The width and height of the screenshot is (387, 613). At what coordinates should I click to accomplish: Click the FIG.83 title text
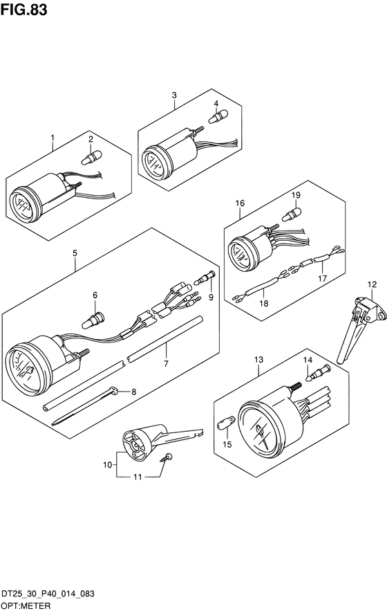pos(23,10)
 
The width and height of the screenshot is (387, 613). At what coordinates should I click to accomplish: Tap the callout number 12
pos(372,284)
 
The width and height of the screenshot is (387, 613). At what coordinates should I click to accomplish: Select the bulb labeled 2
pos(91,157)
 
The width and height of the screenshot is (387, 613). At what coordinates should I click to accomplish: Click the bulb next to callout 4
pos(218,116)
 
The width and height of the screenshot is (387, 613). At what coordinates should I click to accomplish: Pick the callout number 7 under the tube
pos(166,364)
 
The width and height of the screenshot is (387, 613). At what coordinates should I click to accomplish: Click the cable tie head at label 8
pos(113,390)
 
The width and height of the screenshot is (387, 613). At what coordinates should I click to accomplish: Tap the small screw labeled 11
pos(167,457)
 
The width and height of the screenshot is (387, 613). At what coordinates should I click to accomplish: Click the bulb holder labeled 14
pos(320,372)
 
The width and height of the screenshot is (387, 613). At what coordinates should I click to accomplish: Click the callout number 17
pos(322,278)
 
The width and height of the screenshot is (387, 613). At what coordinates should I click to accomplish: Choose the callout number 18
pos(264,303)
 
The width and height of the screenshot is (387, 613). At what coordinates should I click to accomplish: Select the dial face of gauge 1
pos(23,205)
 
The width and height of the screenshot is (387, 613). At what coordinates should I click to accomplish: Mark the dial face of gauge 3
pos(155,163)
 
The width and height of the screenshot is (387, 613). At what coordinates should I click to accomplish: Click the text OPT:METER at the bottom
pos(26,606)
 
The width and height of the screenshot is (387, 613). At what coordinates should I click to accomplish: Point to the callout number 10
pos(107,464)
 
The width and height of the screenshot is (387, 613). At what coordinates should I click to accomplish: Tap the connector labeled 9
pos(205,277)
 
